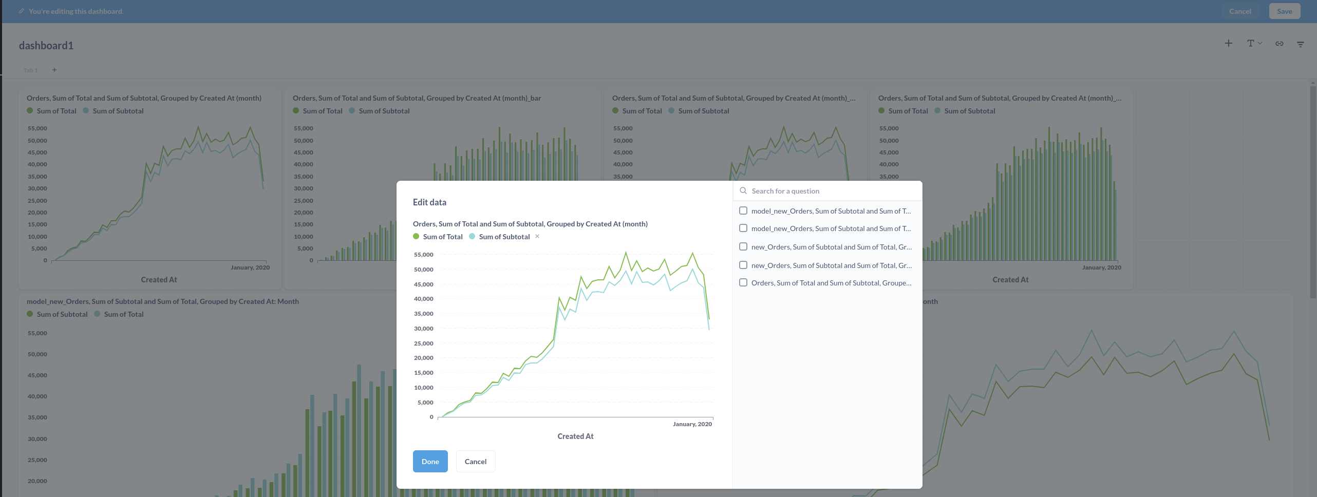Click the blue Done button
[x=430, y=461]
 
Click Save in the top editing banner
[x=1284, y=11]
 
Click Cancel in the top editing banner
[x=1240, y=11]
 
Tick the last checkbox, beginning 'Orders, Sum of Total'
[x=743, y=282]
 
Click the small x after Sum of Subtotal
[x=537, y=236]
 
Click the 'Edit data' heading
[x=429, y=202]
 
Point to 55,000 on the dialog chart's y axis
[x=424, y=255]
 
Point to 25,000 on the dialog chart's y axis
[x=424, y=343]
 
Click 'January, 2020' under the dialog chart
[x=692, y=424]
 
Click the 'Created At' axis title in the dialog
[x=575, y=436]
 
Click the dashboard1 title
[x=46, y=46]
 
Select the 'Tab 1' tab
[x=31, y=70]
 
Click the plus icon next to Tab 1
[x=54, y=70]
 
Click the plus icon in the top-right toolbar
[x=1228, y=44]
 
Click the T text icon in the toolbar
[x=1251, y=44]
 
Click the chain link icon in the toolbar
[x=1279, y=44]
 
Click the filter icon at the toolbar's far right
[x=1301, y=44]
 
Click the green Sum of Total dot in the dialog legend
[x=416, y=236]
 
